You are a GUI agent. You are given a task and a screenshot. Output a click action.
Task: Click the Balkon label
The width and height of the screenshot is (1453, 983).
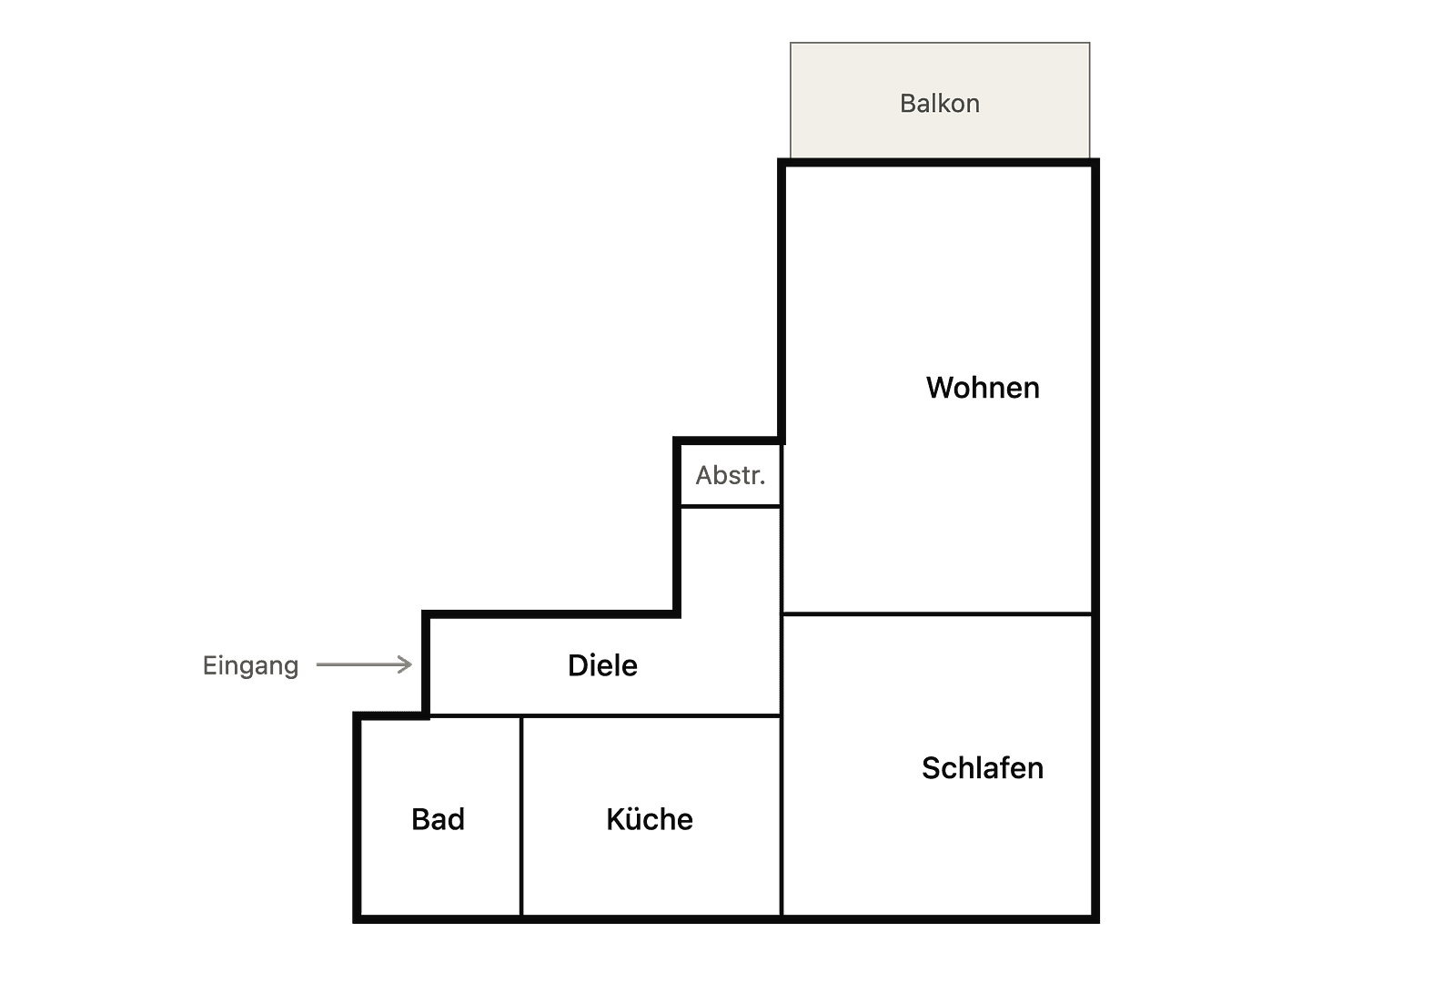click(x=939, y=103)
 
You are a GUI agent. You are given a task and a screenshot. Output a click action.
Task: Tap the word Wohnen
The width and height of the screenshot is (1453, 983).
click(x=983, y=388)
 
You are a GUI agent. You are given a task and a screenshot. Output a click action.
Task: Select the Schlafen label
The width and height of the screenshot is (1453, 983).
click(x=983, y=767)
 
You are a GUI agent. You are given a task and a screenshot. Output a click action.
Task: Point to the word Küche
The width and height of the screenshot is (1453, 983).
click(x=650, y=819)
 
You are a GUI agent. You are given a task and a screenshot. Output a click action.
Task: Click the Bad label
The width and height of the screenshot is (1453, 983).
click(x=438, y=819)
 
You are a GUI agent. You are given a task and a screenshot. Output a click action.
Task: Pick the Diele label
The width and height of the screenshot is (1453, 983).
click(x=602, y=665)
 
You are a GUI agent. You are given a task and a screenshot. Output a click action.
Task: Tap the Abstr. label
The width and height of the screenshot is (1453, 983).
click(x=731, y=476)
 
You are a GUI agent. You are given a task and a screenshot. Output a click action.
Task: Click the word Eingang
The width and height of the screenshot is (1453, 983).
click(x=250, y=666)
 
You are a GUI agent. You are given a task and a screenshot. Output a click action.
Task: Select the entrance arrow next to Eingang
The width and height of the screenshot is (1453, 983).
click(x=364, y=664)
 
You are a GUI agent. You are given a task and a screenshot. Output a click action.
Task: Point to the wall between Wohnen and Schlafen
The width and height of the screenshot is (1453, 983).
click(x=937, y=613)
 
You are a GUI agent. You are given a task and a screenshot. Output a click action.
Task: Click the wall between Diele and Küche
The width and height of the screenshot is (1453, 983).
click(x=651, y=715)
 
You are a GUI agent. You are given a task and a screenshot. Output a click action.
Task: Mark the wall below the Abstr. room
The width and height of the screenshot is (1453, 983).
click(x=730, y=506)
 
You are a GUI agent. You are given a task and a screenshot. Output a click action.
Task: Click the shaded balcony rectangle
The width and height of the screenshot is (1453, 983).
click(x=940, y=100)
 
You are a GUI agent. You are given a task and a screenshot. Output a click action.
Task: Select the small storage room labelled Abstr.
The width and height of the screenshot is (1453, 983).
click(x=730, y=474)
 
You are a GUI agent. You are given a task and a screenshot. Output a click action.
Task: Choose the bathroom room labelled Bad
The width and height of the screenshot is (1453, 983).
click(x=439, y=817)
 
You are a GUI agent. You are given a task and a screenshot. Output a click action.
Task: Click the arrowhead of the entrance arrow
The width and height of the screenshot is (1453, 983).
click(x=406, y=664)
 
